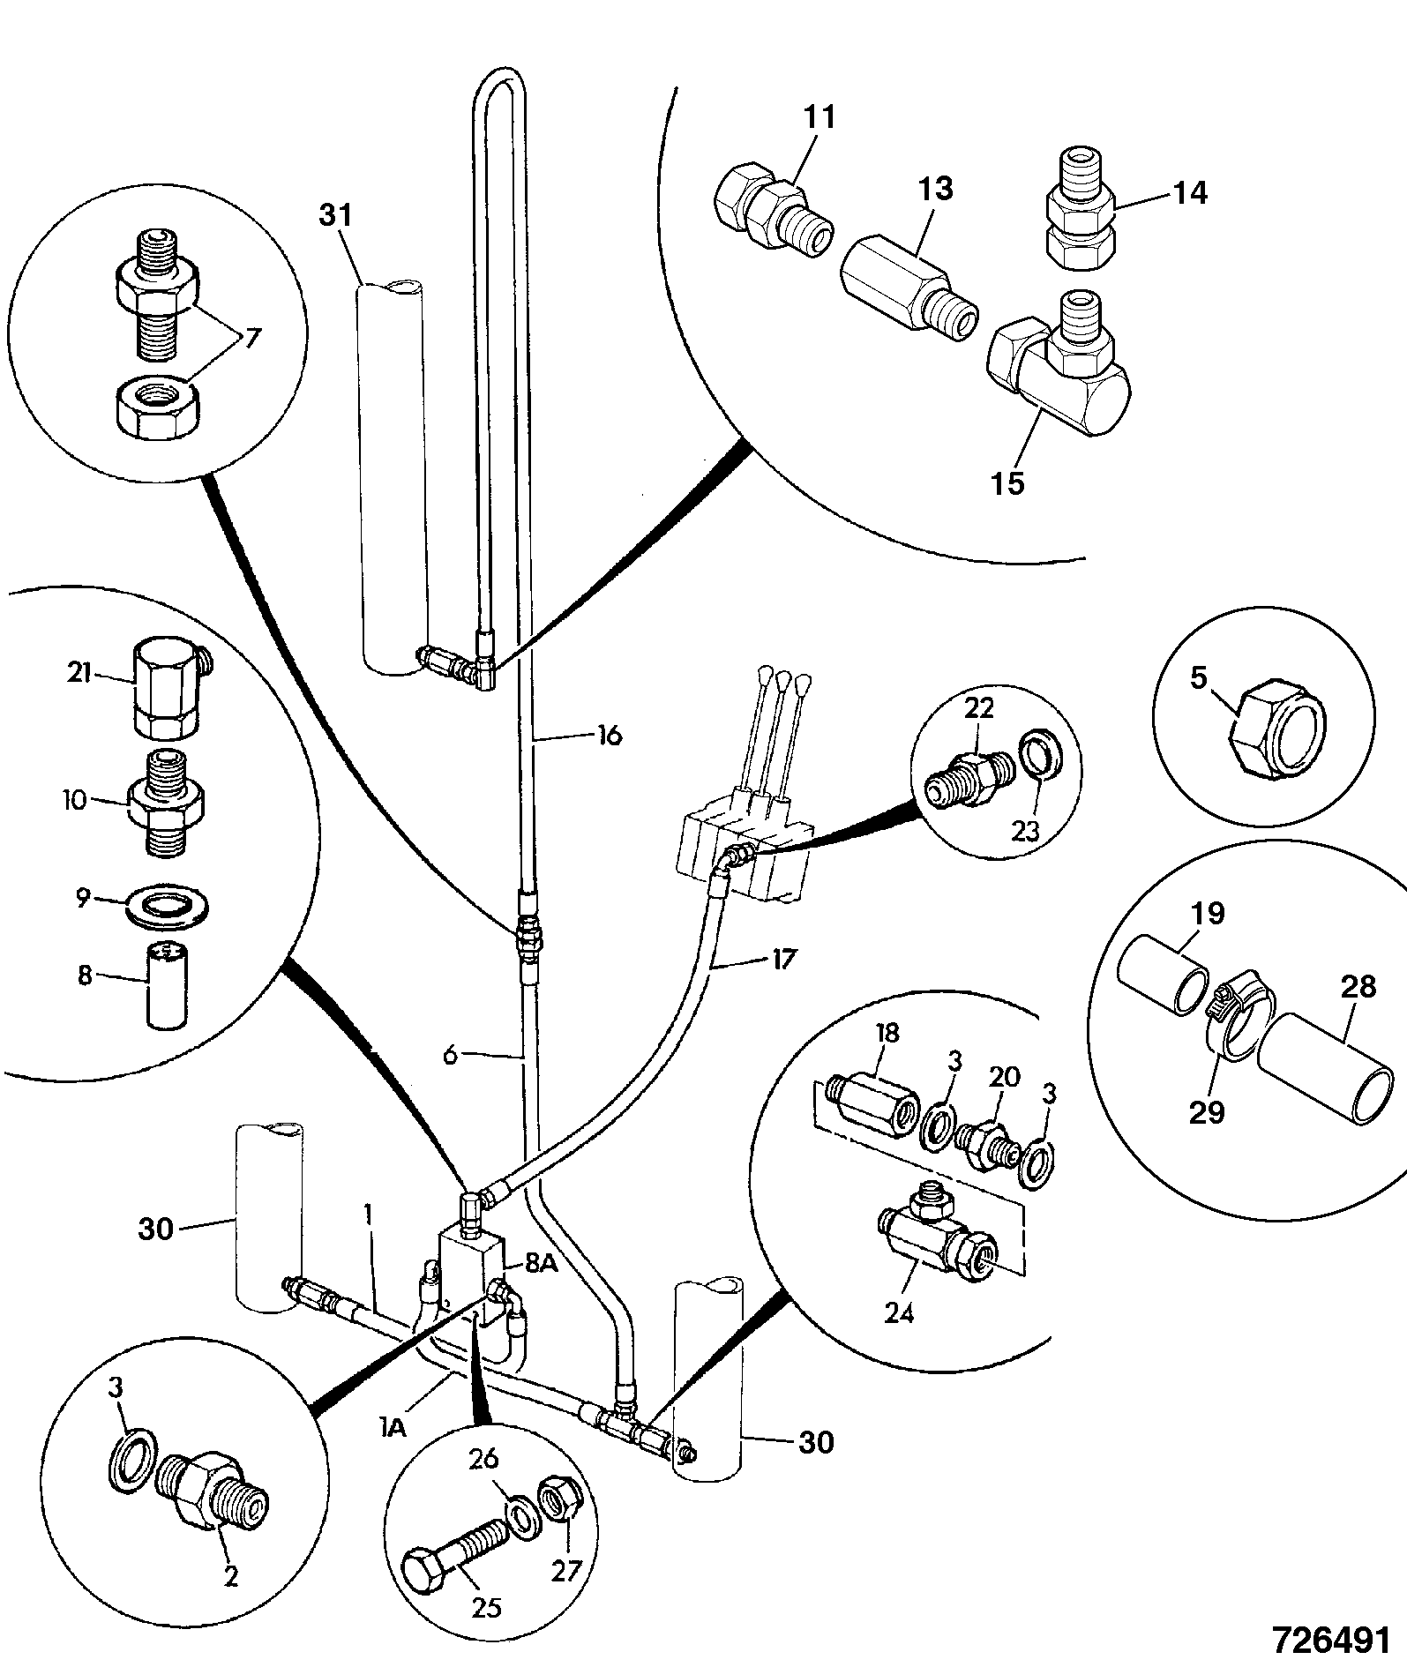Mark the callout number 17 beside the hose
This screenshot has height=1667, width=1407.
[783, 958]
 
